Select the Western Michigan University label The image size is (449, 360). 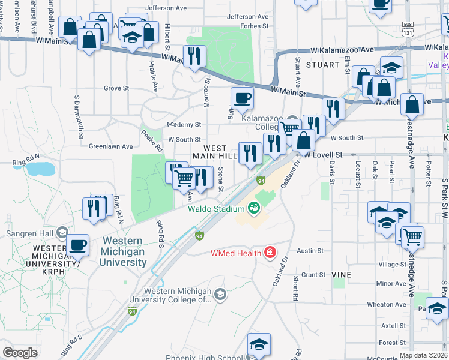coord(122,251)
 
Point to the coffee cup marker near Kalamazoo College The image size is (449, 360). coord(242,98)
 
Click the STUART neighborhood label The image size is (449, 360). coord(318,64)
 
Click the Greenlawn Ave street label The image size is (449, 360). coord(110,146)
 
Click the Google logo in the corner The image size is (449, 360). coord(20,353)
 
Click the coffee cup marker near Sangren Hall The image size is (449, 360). coord(78,245)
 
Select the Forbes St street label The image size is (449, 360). coord(255,26)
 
